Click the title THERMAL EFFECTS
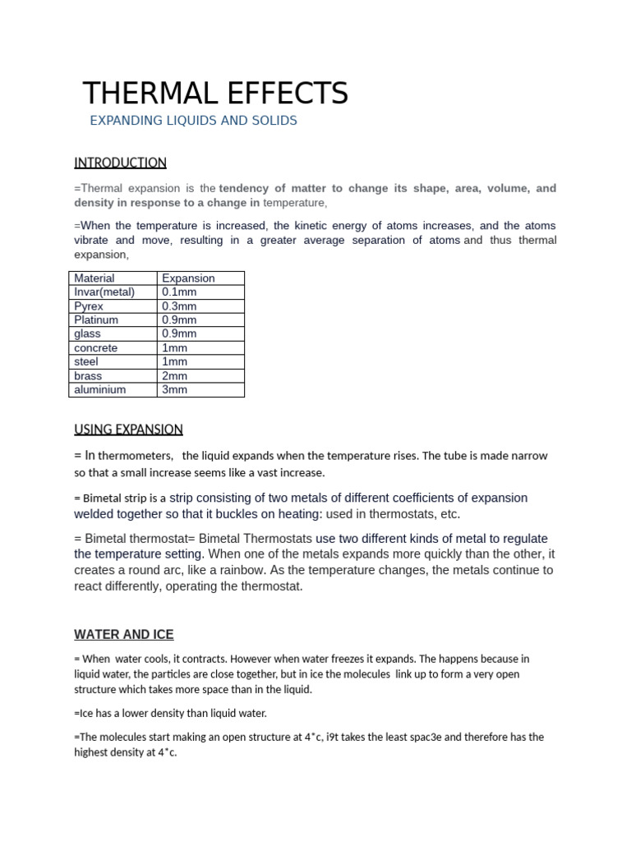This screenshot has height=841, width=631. coord(216,93)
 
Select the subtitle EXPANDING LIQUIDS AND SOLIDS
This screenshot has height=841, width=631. coord(193,121)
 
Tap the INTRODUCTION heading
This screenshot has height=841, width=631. coord(120,163)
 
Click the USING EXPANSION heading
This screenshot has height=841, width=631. coord(128,429)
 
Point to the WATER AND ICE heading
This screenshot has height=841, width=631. coord(123,635)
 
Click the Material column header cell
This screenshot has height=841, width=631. coord(94,278)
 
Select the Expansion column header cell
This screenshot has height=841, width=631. coord(188,278)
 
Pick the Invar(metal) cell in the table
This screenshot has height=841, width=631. coord(104,292)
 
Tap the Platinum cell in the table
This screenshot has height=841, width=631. coord(96,319)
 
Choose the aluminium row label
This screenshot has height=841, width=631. coord(99,389)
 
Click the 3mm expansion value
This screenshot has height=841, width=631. coord(175,389)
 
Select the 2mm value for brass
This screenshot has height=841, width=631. coord(175,375)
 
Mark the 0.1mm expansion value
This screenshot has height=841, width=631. coord(179,292)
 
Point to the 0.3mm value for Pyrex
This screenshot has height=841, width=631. coord(179,306)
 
